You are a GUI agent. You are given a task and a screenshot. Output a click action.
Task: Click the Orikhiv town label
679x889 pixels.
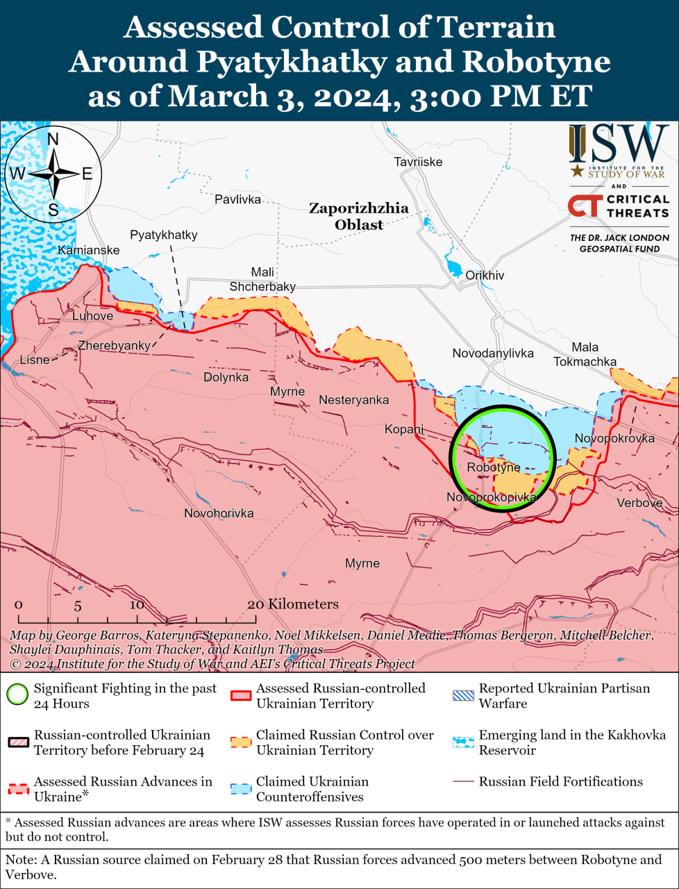485,276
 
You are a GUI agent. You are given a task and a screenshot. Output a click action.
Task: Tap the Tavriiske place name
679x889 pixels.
418,162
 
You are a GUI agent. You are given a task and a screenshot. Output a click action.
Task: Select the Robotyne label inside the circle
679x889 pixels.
493,467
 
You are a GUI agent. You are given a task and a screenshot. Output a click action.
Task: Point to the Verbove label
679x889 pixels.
639,503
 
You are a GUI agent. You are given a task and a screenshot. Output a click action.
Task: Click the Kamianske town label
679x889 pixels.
88,250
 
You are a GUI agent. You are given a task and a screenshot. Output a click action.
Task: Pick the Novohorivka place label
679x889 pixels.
219,513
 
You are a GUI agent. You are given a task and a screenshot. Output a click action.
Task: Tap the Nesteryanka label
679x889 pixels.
353,400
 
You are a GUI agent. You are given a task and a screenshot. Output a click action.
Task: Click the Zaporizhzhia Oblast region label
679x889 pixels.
358,216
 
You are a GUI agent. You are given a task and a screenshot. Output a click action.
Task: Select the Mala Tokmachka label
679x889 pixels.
585,354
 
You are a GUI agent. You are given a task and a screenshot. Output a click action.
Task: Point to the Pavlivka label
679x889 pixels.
237,199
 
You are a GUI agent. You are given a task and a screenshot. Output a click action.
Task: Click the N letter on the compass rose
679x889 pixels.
53,140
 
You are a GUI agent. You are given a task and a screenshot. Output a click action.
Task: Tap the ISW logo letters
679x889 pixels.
618,144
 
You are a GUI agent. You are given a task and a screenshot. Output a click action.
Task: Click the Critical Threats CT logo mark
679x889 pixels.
584,206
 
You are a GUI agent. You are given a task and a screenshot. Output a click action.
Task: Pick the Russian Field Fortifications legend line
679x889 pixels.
462,782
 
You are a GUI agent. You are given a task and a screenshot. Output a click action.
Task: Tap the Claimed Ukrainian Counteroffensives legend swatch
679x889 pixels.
241,789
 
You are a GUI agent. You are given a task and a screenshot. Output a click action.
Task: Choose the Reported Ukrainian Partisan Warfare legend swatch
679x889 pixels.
463,695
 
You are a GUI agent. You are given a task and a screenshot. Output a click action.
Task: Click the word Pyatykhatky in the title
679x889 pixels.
290,61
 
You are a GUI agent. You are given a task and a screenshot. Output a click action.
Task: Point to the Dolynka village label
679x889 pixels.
226,377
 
